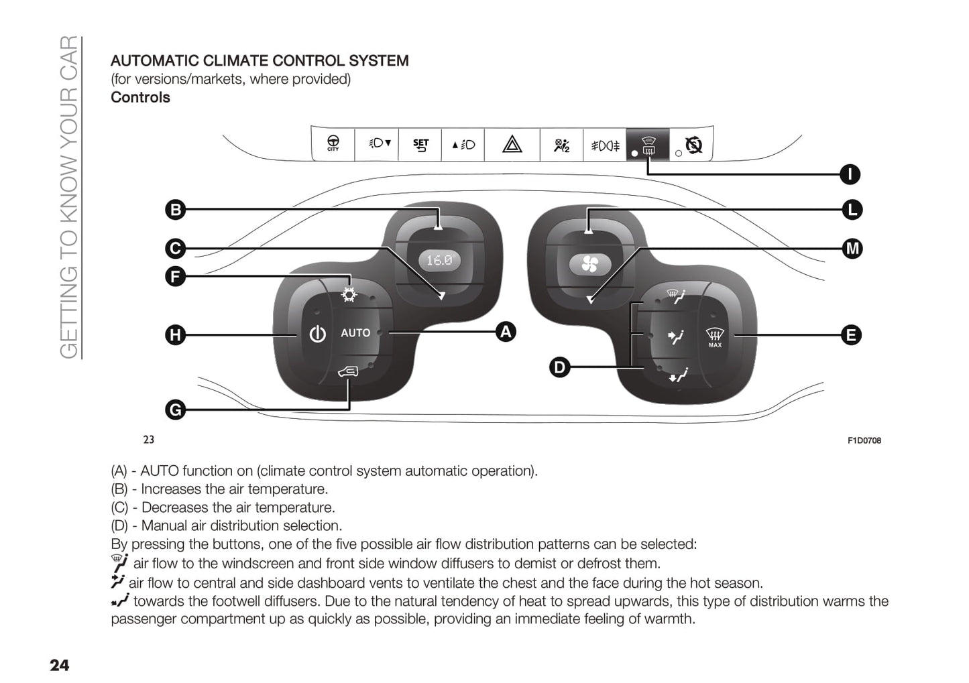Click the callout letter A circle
click(506, 332)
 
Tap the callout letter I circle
click(850, 174)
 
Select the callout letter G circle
click(175, 410)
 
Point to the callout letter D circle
click(559, 367)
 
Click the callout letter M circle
click(852, 249)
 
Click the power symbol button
click(317, 333)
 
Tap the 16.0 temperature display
click(440, 260)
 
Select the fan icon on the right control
click(590, 265)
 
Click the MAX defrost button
click(715, 336)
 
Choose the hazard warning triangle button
click(512, 145)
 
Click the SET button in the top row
click(420, 145)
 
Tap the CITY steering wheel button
click(333, 143)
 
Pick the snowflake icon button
click(349, 294)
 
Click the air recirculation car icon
click(348, 371)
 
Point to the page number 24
click(59, 665)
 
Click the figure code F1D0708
click(864, 440)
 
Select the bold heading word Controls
click(140, 97)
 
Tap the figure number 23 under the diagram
click(149, 440)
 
